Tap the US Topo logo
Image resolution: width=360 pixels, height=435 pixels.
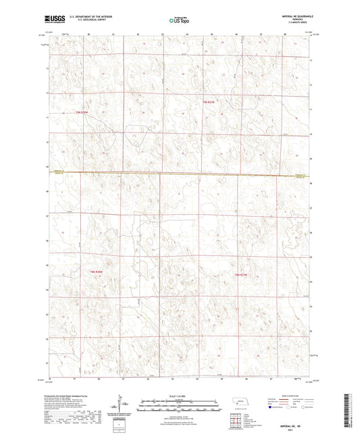tap(179, 21)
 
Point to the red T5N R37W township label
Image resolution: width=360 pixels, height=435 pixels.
tap(242, 275)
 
